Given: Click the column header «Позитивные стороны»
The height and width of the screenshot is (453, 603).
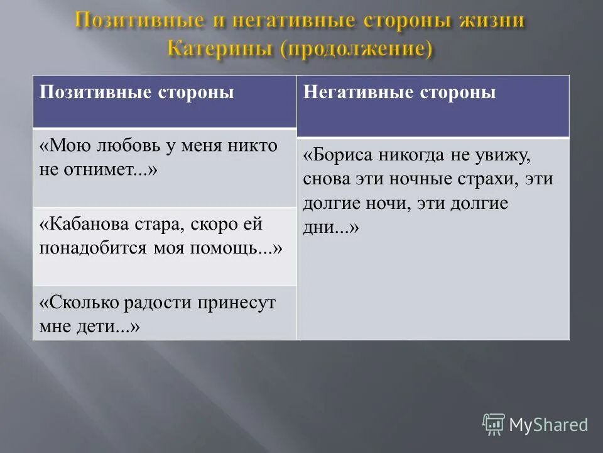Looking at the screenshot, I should [137, 92].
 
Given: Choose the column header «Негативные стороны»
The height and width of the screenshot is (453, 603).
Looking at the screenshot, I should [399, 92].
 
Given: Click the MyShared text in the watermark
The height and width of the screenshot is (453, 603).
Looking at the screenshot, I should [548, 425].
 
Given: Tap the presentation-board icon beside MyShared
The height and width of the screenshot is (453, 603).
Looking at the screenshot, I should [494, 425].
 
